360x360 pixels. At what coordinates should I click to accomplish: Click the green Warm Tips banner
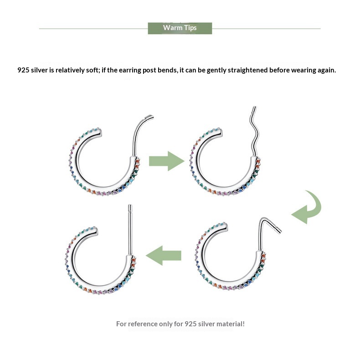tap(180, 28)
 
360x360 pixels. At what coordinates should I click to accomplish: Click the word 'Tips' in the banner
tap(190, 28)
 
